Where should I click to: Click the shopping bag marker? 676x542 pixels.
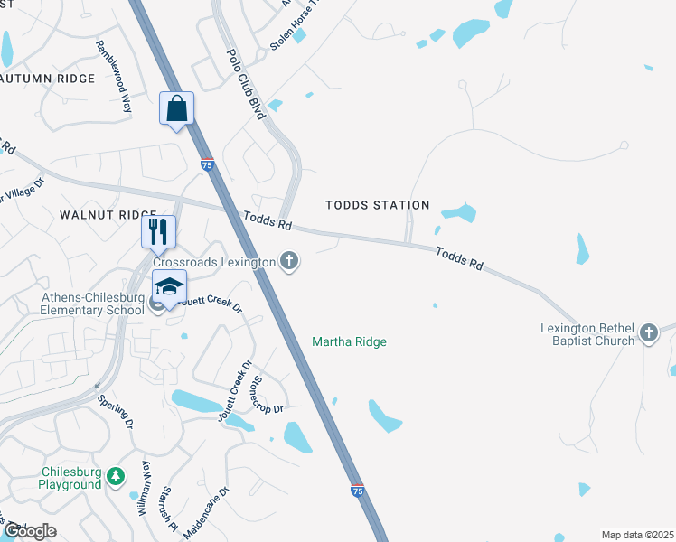[x=177, y=108]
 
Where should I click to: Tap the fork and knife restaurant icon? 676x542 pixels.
[x=158, y=231]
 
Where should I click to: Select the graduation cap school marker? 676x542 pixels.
[x=169, y=287]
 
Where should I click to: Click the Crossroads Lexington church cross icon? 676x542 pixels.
[x=289, y=262]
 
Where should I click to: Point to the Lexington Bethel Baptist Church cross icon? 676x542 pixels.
[x=649, y=333]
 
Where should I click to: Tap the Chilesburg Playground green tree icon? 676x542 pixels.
[x=115, y=476]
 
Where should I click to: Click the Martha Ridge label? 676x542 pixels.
[x=349, y=341]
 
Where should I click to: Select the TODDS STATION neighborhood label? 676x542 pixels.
[x=378, y=205]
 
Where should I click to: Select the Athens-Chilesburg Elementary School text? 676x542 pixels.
[x=93, y=304]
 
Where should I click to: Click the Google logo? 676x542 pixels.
[x=29, y=531]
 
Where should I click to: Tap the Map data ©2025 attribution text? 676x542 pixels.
[x=636, y=535]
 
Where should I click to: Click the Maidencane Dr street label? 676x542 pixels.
[x=207, y=512]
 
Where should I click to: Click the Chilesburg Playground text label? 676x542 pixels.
[x=70, y=478]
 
